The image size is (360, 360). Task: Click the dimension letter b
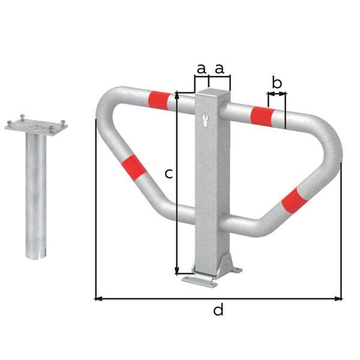(277, 83)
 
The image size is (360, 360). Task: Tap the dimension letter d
(218, 310)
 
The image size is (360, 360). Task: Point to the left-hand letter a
(201, 68)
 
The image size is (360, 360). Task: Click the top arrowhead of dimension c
(177, 95)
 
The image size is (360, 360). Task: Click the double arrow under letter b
(277, 94)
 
